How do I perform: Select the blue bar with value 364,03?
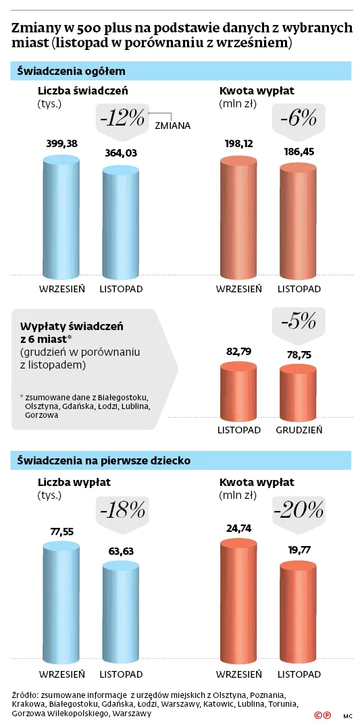120,223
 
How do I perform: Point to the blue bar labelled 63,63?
120,612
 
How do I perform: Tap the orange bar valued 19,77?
298,610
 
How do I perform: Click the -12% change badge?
122,119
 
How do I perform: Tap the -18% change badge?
122,510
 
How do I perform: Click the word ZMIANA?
173,126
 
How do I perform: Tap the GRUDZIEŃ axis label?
298,429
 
